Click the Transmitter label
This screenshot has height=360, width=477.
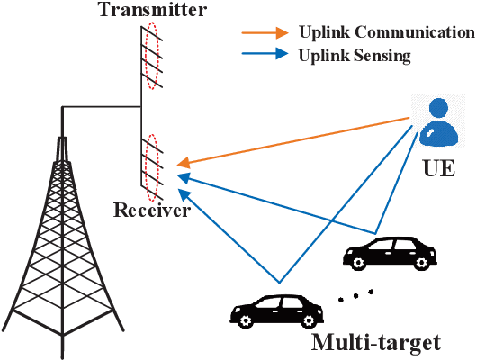(165, 12)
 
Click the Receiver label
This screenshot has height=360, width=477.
(151, 211)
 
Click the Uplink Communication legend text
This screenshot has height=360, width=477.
(385, 32)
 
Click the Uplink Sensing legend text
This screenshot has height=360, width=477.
(355, 56)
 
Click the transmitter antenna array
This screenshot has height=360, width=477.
(152, 58)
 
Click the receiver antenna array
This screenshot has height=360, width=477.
(152, 167)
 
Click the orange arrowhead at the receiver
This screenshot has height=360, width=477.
(183, 164)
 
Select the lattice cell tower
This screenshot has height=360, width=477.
(62, 243)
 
